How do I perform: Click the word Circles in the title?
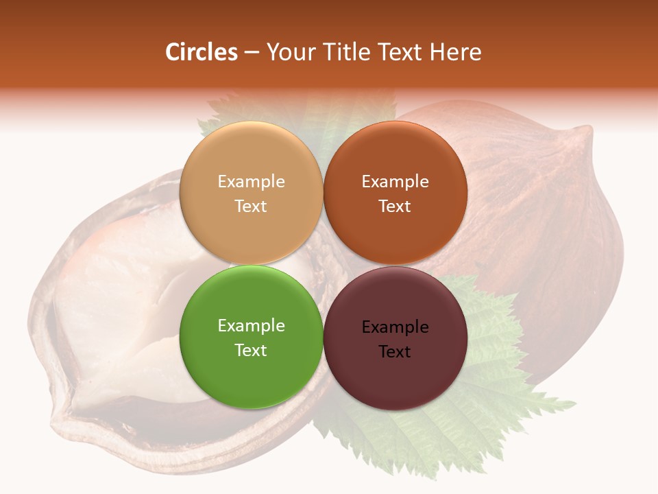(201, 52)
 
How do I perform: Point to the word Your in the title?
(290, 52)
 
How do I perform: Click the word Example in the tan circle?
(251, 182)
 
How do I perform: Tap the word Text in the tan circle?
(251, 207)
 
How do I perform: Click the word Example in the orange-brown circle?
(395, 182)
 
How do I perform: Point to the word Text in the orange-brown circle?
(395, 207)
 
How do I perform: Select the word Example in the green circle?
(251, 326)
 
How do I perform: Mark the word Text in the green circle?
(251, 351)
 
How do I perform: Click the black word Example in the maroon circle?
(395, 327)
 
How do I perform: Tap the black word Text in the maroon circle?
(395, 352)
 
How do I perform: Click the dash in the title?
(252, 53)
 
